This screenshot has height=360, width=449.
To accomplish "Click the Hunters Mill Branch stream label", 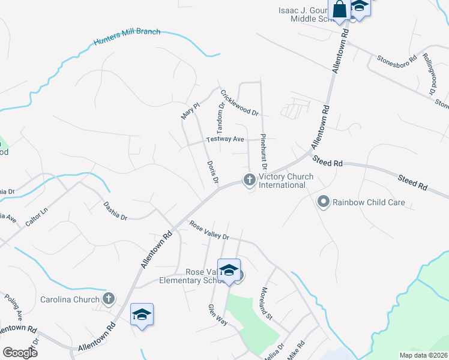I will coord(127,37).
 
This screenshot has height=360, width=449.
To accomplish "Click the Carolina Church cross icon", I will coord(109,299).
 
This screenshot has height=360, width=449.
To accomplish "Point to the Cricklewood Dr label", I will coord(239,103).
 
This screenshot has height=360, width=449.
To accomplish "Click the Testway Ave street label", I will coord(225,139).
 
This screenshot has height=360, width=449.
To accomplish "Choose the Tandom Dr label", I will coord(220,113).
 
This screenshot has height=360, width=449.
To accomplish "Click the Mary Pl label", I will coord(190,110).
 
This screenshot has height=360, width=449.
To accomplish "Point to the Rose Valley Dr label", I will coord(209,230).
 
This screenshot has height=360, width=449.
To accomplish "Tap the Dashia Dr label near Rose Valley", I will coord(115,211).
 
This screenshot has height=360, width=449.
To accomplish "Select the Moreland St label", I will coord(266,303).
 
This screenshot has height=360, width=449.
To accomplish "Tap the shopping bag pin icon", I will coord(339,10).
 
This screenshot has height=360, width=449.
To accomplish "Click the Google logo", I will coord(20,352).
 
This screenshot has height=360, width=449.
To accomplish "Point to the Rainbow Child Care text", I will coord(369,203).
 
